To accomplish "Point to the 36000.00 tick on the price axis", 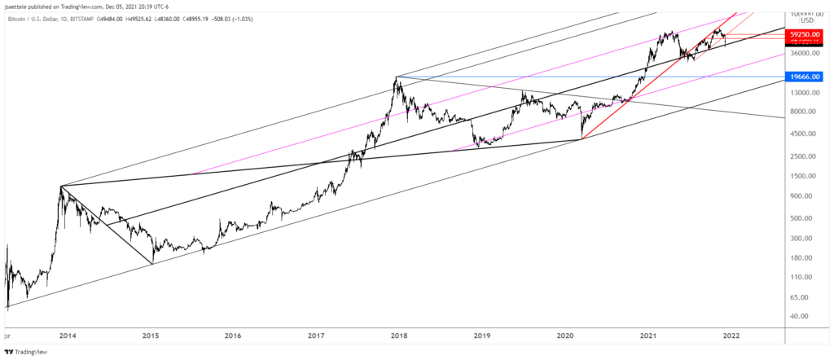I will pyautogui.click(x=803, y=54).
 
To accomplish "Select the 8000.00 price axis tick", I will pyautogui.click(x=803, y=112).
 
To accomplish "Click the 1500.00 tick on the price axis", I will pyautogui.click(x=803, y=176).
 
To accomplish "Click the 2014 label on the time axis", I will pyautogui.click(x=68, y=335).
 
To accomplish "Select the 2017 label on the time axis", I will pyautogui.click(x=317, y=335).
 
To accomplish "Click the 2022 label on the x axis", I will pyautogui.click(x=731, y=335).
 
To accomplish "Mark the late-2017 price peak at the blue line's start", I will pyautogui.click(x=396, y=77).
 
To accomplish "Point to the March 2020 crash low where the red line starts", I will pyautogui.click(x=582, y=138).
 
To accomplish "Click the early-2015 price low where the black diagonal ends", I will pyautogui.click(x=152, y=263).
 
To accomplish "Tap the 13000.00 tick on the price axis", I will pyautogui.click(x=803, y=92).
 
